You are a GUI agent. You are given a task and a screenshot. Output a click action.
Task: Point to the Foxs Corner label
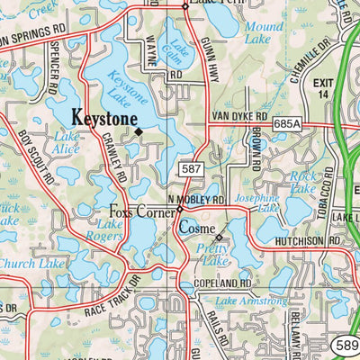(139, 213)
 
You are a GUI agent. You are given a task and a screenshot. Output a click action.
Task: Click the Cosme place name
(196, 229)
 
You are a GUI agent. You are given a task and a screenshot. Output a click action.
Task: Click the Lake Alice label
(66, 142)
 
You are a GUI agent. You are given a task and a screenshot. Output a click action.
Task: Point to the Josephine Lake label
(257, 202)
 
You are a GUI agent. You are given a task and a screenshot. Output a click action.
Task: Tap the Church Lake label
(31, 264)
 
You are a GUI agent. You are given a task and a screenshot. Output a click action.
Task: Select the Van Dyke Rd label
(239, 117)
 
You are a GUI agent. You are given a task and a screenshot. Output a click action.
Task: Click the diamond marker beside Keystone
(139, 132)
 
